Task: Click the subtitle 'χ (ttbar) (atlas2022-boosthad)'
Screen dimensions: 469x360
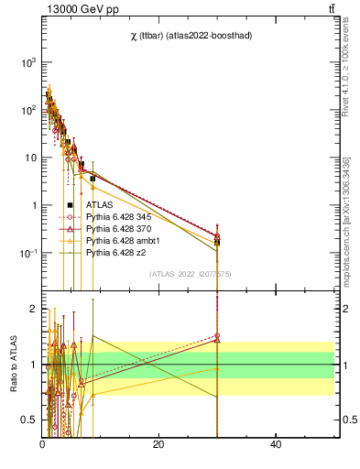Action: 192,36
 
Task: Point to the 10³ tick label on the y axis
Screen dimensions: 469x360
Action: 29,62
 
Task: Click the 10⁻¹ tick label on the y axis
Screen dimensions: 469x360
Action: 29,253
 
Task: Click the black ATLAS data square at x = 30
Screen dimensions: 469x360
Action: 217,242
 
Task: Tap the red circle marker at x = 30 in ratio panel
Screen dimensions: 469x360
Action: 217,335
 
